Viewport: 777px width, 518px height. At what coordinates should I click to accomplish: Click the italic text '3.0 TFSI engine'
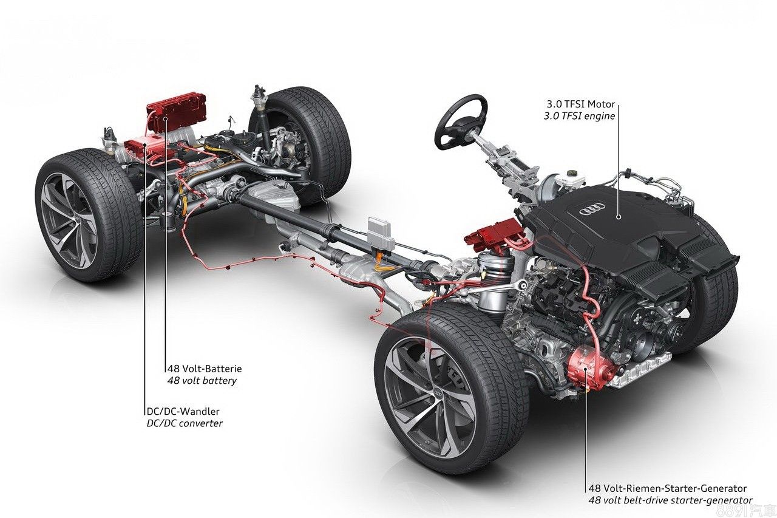tap(579, 116)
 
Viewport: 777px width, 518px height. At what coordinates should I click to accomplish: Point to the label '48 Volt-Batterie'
tap(205, 369)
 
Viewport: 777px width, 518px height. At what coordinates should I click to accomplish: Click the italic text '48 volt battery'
tap(202, 381)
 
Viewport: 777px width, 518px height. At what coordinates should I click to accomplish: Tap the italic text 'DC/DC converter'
tap(185, 423)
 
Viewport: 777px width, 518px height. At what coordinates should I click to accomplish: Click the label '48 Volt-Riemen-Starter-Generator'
tap(667, 488)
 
